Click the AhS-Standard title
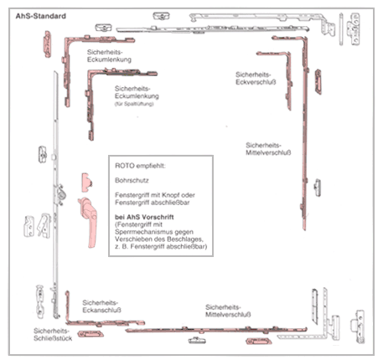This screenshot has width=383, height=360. [x=41, y=16]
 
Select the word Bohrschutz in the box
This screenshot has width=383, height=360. [x=132, y=180]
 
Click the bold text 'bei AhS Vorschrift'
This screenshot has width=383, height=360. [x=144, y=217]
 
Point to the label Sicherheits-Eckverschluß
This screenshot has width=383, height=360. [x=256, y=79]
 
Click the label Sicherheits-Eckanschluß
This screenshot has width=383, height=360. [x=101, y=306]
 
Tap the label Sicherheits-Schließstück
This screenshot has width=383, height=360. [x=53, y=335]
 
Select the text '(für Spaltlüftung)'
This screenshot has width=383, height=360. [x=134, y=104]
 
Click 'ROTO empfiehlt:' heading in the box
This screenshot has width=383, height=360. [x=140, y=166]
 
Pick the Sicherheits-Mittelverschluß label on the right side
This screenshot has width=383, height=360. [x=268, y=149]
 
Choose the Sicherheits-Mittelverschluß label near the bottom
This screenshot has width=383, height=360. [x=228, y=311]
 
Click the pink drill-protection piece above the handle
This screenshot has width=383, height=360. [x=87, y=183]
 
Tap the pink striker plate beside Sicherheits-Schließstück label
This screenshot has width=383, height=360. [x=91, y=334]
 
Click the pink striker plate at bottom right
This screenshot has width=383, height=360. [x=258, y=342]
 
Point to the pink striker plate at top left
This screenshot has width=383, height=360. [x=47, y=44]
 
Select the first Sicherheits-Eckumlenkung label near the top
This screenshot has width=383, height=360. [x=109, y=56]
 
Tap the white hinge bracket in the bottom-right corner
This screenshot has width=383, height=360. [x=358, y=327]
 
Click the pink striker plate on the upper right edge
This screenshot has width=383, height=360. [x=318, y=81]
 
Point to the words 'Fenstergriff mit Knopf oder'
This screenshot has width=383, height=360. [x=155, y=195]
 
